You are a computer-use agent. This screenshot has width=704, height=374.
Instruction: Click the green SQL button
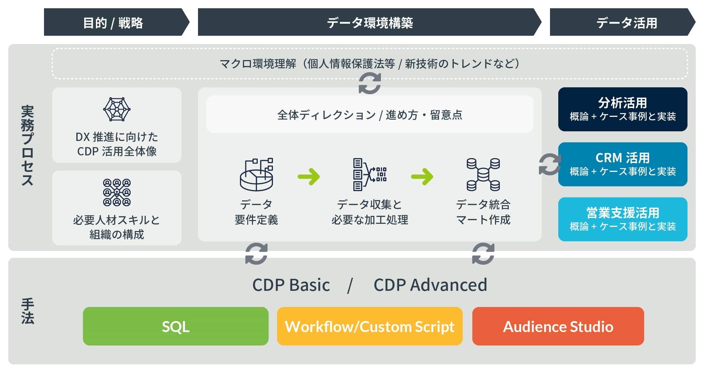tap(176, 326)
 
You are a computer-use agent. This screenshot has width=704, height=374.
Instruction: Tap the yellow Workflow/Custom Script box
tap(370, 326)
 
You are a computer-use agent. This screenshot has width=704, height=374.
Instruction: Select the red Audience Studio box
tap(558, 326)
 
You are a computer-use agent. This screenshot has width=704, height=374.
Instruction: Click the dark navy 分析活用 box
tap(623, 109)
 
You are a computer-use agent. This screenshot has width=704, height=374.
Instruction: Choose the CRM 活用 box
tap(623, 164)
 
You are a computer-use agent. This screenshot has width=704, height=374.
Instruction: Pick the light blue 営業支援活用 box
tap(623, 219)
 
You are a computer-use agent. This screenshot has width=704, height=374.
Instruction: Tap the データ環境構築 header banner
tap(370, 22)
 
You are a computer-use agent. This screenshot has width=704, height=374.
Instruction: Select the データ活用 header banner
tap(623, 22)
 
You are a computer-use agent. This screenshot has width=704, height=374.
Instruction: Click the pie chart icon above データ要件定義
tap(256, 175)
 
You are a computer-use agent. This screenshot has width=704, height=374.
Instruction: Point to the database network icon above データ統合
tap(483, 175)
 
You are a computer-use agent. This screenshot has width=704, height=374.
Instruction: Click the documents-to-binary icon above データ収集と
tap(370, 175)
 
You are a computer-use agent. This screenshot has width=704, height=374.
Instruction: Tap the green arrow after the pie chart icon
tap(309, 177)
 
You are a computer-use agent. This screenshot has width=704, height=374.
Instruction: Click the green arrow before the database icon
tap(422, 177)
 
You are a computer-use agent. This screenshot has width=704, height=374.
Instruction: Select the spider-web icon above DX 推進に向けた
tap(117, 110)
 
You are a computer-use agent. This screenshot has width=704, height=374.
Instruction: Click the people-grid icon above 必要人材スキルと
tap(117, 192)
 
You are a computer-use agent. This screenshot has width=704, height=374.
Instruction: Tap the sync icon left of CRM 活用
tap(550, 164)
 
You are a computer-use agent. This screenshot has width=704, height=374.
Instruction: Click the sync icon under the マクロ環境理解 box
tap(370, 83)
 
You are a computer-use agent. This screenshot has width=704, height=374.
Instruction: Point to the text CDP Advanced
tap(430, 285)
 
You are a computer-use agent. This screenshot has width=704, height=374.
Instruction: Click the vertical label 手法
tap(27, 311)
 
